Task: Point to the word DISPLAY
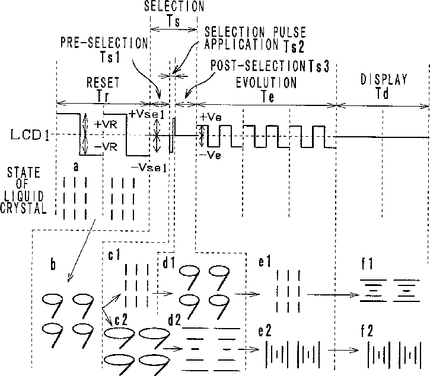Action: coord(384,80)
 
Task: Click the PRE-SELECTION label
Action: coord(104,43)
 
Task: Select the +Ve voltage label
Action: coord(210,117)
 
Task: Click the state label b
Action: coord(52,266)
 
